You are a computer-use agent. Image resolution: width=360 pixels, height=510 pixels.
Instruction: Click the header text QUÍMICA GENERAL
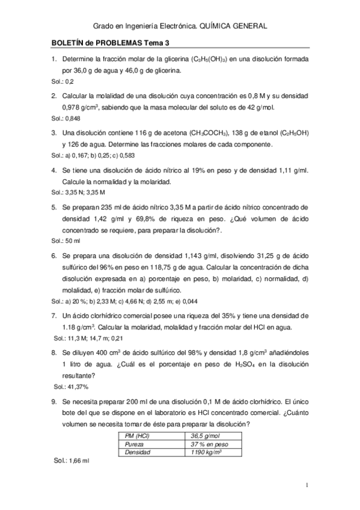click(x=233, y=26)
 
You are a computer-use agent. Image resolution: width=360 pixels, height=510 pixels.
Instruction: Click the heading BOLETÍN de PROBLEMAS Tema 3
click(x=107, y=44)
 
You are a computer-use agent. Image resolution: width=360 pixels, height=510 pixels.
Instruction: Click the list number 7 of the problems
click(x=54, y=315)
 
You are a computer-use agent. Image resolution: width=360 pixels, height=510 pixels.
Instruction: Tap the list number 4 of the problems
click(x=54, y=170)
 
